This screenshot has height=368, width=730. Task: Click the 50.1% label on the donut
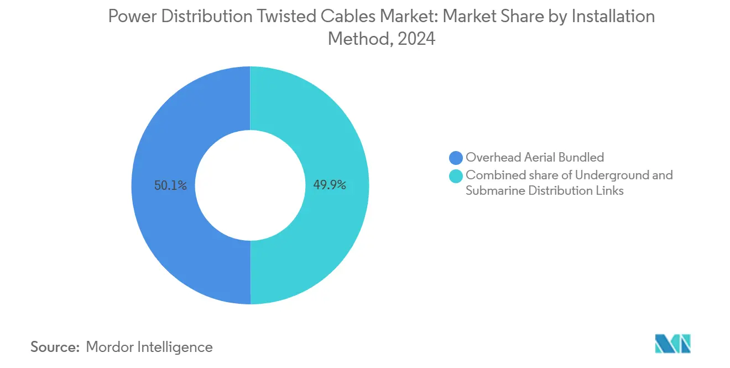click(x=170, y=186)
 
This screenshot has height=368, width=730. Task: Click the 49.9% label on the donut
click(x=330, y=185)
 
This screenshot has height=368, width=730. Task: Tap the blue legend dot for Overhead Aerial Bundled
click(x=456, y=158)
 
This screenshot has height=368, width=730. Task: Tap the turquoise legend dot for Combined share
click(x=456, y=176)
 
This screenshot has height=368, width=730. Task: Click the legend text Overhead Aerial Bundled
click(x=534, y=158)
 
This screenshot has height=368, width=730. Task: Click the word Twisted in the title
click(x=280, y=17)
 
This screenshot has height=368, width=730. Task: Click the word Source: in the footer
click(x=55, y=347)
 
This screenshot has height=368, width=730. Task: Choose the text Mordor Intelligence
click(x=149, y=347)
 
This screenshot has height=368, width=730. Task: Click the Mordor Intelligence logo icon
click(x=672, y=343)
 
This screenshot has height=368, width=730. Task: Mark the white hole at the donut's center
click(x=250, y=185)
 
